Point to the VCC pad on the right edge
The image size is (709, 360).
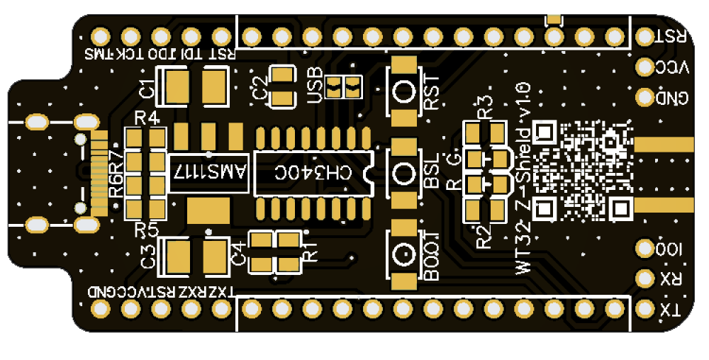pos(645,67)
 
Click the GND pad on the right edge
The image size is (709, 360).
pos(645,96)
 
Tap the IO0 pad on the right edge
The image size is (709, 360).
pos(645,249)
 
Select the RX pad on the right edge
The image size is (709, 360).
pos(645,279)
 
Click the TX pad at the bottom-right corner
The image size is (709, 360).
pos(645,309)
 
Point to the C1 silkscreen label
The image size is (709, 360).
pos(147,89)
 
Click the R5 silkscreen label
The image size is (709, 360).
pos(147,229)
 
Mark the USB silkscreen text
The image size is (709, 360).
pos(314,83)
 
